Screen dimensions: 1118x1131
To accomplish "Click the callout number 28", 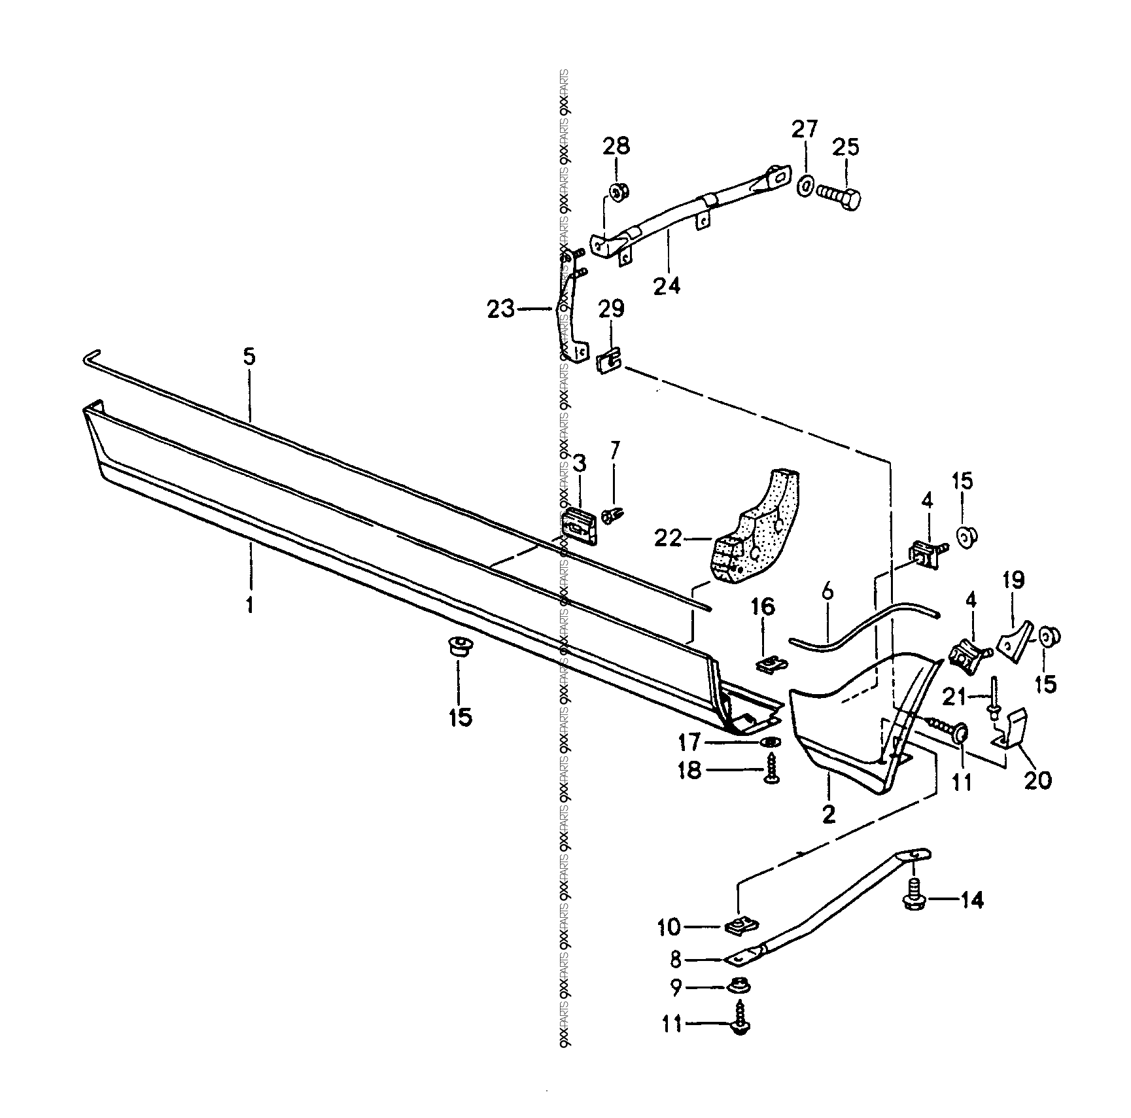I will [616, 145].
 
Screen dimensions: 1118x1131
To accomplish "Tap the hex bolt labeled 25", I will [839, 195].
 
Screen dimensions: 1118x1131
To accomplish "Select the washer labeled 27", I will [805, 186].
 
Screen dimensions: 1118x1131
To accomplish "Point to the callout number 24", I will [667, 286].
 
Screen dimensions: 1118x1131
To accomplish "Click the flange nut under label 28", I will [618, 192].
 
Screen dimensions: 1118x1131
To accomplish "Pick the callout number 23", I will [501, 309].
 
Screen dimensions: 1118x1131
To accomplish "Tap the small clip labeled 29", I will [610, 360].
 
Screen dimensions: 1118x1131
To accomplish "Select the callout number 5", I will [249, 357].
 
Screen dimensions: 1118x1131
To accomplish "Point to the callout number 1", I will [249, 604].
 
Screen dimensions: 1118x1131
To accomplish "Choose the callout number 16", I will [763, 606].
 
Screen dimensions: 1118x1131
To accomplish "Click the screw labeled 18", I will [771, 776].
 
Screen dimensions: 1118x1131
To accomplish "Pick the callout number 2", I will [828, 815].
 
